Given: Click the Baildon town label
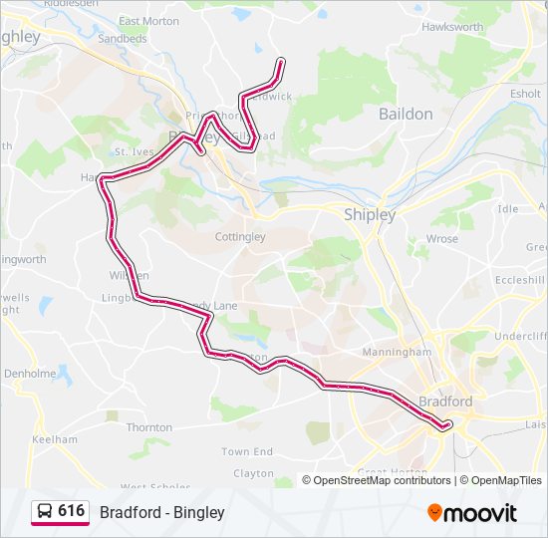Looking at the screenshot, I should [406, 114].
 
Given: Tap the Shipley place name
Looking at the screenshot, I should [369, 214].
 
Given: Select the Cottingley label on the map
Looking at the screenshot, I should [240, 237].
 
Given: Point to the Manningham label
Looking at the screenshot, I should [398, 352].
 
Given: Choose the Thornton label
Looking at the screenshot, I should [149, 427].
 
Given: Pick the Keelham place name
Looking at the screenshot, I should [55, 439].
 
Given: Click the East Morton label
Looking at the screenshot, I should [148, 21].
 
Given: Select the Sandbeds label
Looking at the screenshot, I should [123, 39].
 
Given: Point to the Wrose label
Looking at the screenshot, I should [441, 239].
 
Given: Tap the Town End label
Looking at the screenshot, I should [246, 451].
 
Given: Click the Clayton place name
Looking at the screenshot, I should [254, 474].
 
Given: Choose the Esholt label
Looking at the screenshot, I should [525, 94].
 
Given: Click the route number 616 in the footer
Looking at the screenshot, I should [71, 511].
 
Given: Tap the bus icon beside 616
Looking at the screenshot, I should [45, 511].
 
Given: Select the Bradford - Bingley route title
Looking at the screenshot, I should [161, 512].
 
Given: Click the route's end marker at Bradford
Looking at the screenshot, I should [446, 425].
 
